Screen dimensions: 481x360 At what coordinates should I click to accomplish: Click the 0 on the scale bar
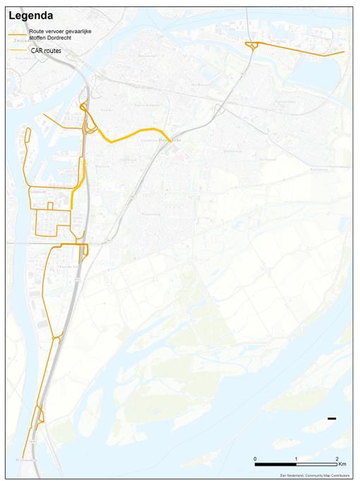point(256,459)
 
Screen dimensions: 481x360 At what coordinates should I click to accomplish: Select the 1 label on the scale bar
point(296,459)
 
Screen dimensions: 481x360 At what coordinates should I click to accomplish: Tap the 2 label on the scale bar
point(337,459)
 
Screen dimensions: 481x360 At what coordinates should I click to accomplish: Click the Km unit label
point(342,465)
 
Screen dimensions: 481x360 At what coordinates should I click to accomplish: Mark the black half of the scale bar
point(276,464)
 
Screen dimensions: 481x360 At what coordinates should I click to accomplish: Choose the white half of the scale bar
point(316,464)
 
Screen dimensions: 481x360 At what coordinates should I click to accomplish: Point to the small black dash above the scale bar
point(332,419)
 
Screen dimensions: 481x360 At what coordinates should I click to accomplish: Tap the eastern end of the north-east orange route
point(344,52)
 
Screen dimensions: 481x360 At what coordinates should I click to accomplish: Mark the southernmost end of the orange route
point(23,457)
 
